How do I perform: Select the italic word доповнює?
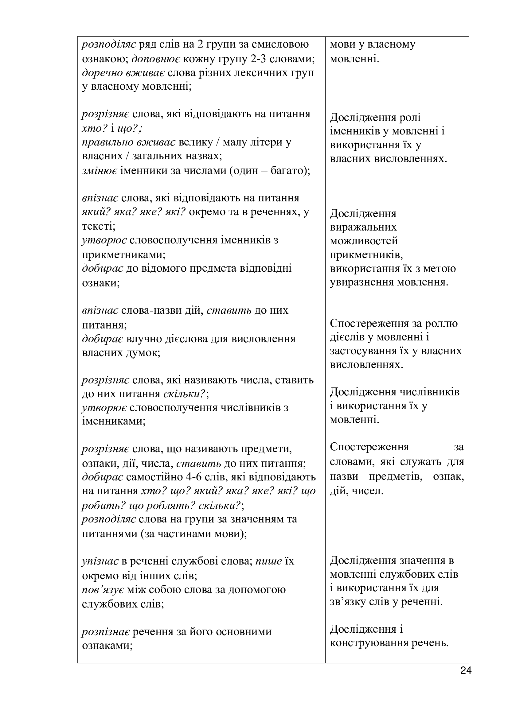[155, 59]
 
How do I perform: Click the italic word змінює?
[100, 171]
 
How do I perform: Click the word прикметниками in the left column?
[123, 254]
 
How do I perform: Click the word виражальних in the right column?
[363, 227]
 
